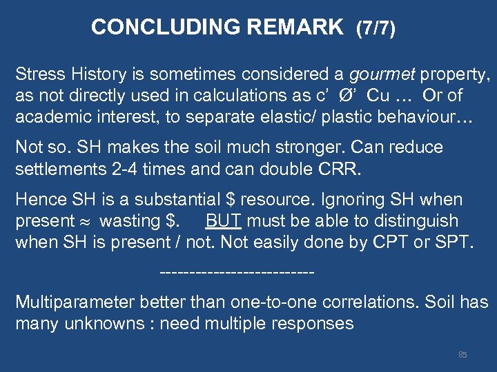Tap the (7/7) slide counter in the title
pyautogui.click(x=376, y=29)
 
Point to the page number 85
pyautogui.click(x=462, y=355)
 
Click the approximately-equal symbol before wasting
pyautogui.click(x=86, y=222)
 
